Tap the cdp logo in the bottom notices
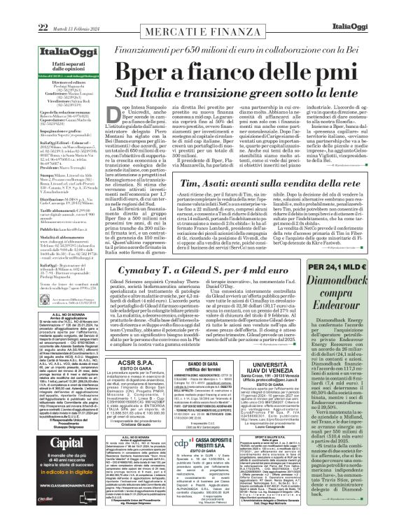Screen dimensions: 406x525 [181, 464]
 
